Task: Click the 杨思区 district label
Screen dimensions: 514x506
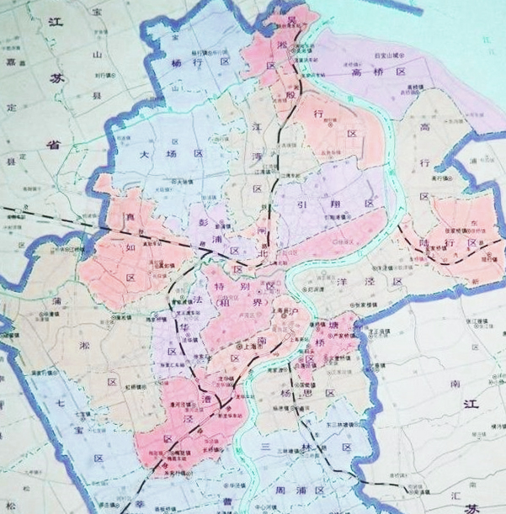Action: pos(306,393)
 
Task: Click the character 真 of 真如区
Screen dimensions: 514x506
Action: pos(130,219)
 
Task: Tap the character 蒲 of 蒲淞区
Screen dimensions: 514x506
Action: pos(56,300)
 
